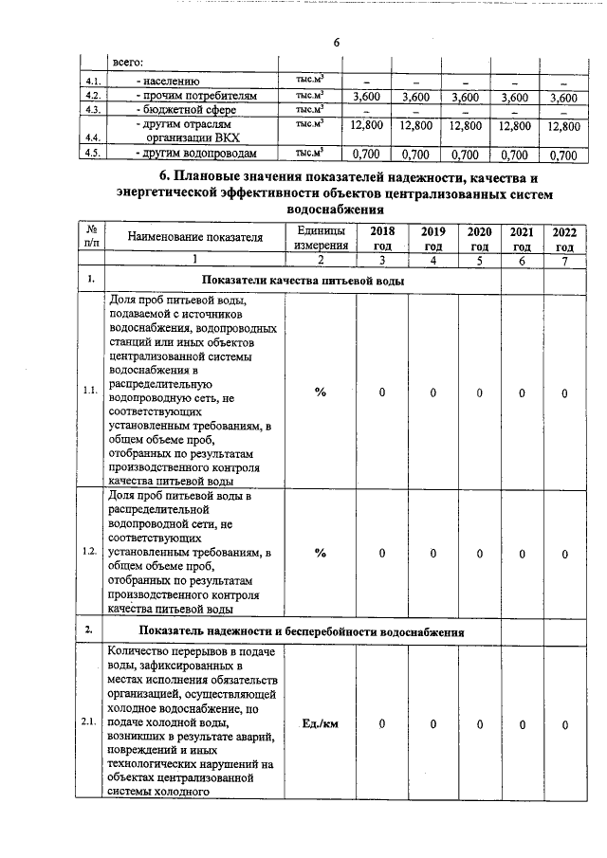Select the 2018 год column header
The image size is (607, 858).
pos(382,238)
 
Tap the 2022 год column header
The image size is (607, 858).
pos(563,238)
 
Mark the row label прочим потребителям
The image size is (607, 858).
pos(195,97)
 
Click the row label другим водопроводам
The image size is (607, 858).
pos(195,154)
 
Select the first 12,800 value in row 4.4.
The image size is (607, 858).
pos(365,125)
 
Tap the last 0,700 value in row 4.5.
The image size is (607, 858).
pos(562,155)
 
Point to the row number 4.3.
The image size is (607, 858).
pos(92,110)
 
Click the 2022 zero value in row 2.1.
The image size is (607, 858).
pos(563,725)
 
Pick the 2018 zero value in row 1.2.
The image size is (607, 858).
pos(381,553)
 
